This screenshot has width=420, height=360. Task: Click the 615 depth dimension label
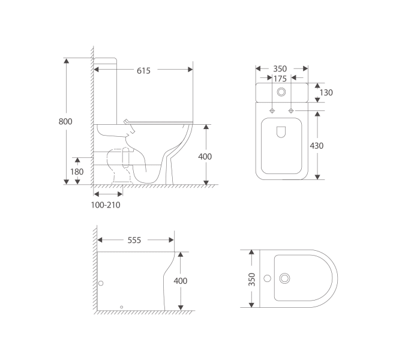143,70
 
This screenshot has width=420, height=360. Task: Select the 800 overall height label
65,121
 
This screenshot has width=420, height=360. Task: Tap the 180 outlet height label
77,171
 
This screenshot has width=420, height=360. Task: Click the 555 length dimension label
134,240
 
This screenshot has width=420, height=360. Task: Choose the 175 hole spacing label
280,79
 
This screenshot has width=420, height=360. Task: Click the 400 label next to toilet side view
205,157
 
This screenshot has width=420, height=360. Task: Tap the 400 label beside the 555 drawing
180,281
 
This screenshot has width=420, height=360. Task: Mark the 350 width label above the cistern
280,68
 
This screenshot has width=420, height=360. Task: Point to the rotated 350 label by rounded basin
252,279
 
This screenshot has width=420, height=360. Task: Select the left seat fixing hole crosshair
272,111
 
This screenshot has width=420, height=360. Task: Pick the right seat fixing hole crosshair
291,111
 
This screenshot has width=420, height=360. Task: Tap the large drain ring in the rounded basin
285,278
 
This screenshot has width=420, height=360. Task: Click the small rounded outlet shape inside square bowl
281,133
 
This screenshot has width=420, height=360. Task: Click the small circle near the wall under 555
101,283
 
